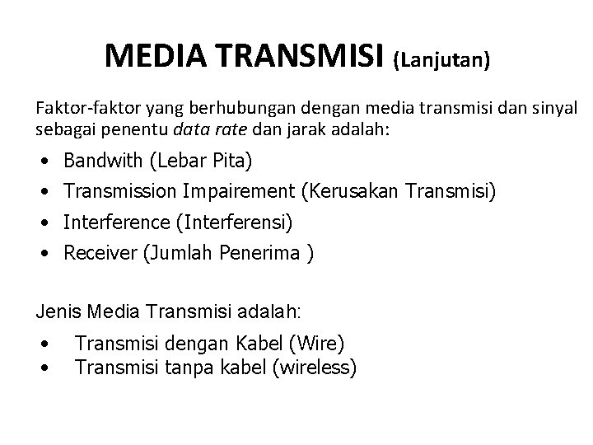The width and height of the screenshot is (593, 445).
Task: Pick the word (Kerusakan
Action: point(346,191)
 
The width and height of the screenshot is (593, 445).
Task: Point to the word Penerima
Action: point(261,254)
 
